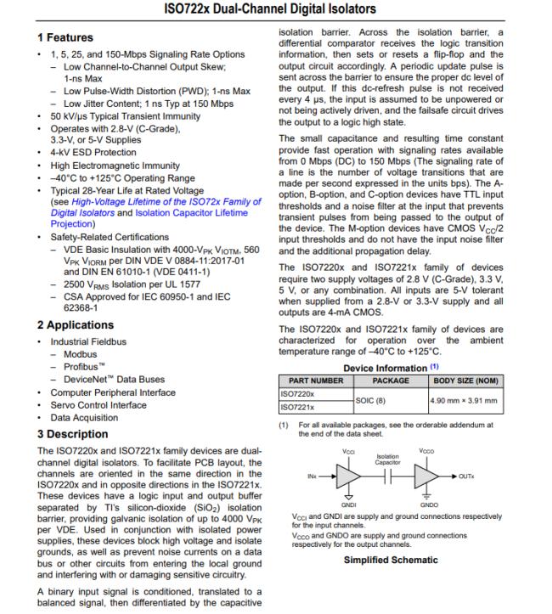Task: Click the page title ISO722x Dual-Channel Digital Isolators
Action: pos(275,9)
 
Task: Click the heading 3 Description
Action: pos(72,434)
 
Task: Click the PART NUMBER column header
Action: pos(315,381)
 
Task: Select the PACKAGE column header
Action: pos(391,381)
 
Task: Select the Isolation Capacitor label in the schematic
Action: pos(386,459)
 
